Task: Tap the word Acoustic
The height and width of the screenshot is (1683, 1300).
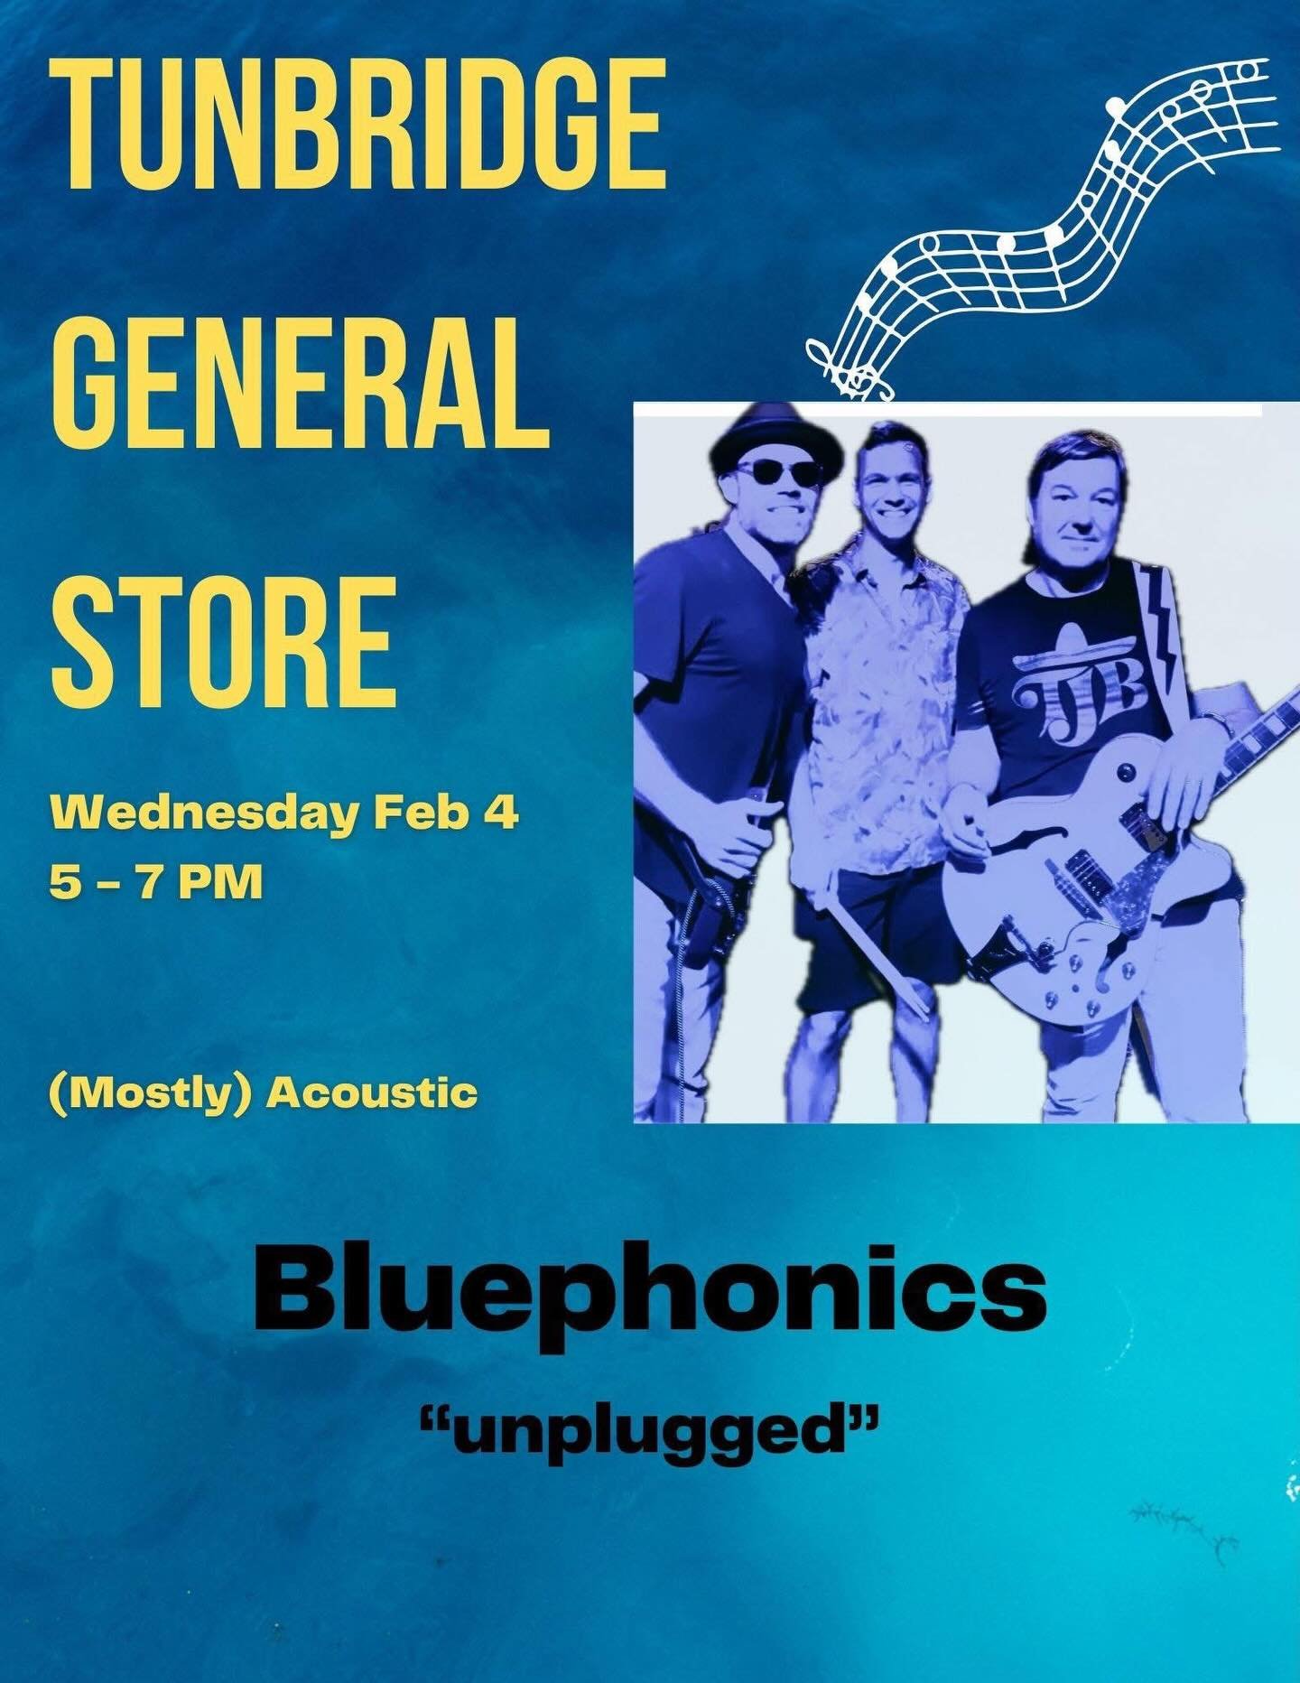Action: point(374,1093)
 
